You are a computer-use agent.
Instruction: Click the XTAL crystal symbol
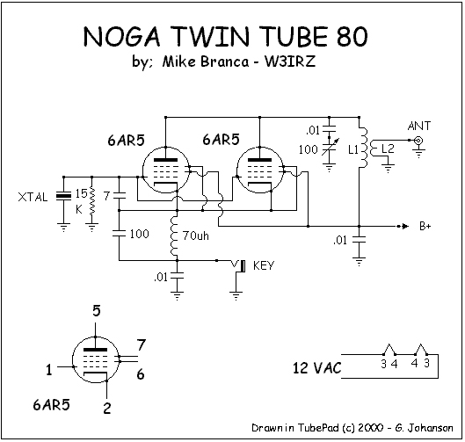coord(63,196)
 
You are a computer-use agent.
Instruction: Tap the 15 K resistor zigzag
coord(92,200)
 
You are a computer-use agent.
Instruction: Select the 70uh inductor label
coord(196,235)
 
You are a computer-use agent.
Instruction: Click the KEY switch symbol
coord(239,266)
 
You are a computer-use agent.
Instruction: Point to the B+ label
coord(425,226)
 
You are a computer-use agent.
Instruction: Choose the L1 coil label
coord(353,150)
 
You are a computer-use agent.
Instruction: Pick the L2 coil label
coord(388,149)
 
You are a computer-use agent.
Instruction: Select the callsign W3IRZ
coord(290,62)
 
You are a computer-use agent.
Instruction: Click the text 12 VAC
coord(316,368)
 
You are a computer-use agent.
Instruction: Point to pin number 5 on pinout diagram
coord(97,311)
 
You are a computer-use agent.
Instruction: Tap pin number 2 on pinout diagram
coord(107,409)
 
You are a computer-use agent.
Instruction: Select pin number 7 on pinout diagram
coord(142,344)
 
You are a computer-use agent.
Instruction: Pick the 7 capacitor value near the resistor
coord(106,196)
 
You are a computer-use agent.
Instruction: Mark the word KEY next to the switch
coord(264,265)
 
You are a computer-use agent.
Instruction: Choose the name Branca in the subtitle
coord(225,62)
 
